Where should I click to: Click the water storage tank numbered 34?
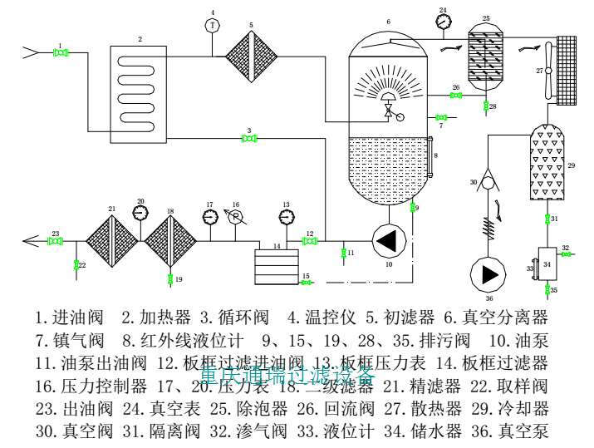pyautogui.click(x=548, y=264)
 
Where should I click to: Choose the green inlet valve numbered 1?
pyautogui.click(x=61, y=53)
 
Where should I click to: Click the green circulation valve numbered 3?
pyautogui.click(x=248, y=139)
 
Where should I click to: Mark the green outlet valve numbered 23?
pyautogui.click(x=56, y=241)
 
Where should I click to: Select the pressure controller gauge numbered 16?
pyautogui.click(x=235, y=218)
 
